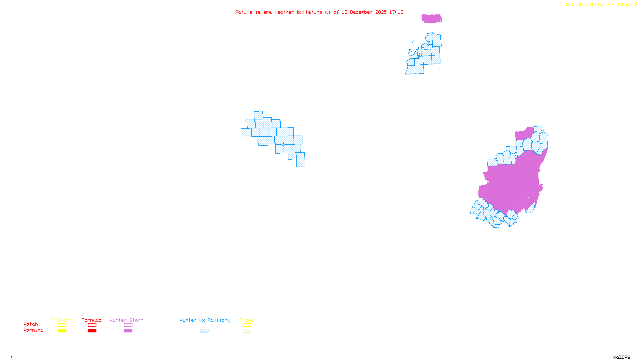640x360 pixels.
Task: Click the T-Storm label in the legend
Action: pyautogui.click(x=62, y=320)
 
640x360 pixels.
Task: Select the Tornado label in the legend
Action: pyautogui.click(x=92, y=320)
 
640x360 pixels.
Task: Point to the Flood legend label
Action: pyautogui.click(x=247, y=320)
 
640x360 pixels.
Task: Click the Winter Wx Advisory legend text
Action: pyautogui.click(x=205, y=320)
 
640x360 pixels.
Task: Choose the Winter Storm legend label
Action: pyautogui.click(x=126, y=320)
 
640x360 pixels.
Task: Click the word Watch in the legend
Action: pyautogui.click(x=31, y=324)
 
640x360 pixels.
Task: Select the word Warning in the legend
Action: pyautogui.click(x=34, y=330)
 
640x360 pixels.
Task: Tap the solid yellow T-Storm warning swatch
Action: pyautogui.click(x=62, y=331)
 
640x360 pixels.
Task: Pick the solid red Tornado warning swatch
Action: pyautogui.click(x=92, y=331)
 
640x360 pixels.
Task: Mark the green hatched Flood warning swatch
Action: pyautogui.click(x=247, y=331)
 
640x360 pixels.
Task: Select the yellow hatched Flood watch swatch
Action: pyautogui.click(x=247, y=325)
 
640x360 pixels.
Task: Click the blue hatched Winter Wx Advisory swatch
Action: pyautogui.click(x=204, y=331)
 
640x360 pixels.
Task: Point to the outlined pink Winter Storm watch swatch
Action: pyautogui.click(x=128, y=325)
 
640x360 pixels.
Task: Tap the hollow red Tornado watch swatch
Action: pyautogui.click(x=92, y=325)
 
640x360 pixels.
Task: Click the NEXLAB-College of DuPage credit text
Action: pyautogui.click(x=600, y=5)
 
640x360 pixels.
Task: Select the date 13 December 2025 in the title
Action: pyautogui.click(x=364, y=12)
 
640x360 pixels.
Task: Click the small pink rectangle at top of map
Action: pyautogui.click(x=432, y=18)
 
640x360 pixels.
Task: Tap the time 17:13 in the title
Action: pyautogui.click(x=396, y=12)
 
